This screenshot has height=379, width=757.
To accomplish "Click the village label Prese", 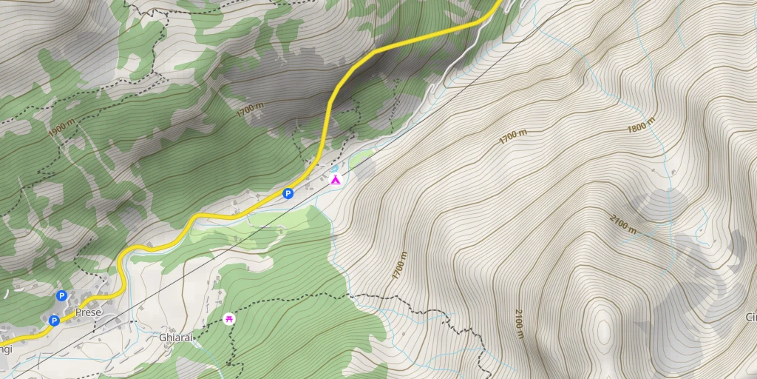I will [x=88, y=312].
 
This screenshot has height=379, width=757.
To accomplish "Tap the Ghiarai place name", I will [x=176, y=337].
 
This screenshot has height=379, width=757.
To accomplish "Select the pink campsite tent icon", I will [x=335, y=179].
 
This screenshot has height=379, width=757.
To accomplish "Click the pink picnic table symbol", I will [x=228, y=318].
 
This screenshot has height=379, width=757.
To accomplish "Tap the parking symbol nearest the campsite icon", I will [x=288, y=194].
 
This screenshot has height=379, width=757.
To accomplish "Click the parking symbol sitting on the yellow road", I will [x=54, y=321].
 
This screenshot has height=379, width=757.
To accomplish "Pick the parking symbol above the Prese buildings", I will [x=61, y=296].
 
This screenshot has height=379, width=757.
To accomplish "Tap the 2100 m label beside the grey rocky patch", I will [x=623, y=224].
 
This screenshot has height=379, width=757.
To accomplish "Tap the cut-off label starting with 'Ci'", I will [x=750, y=317].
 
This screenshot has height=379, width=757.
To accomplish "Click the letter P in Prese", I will [x=78, y=312].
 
